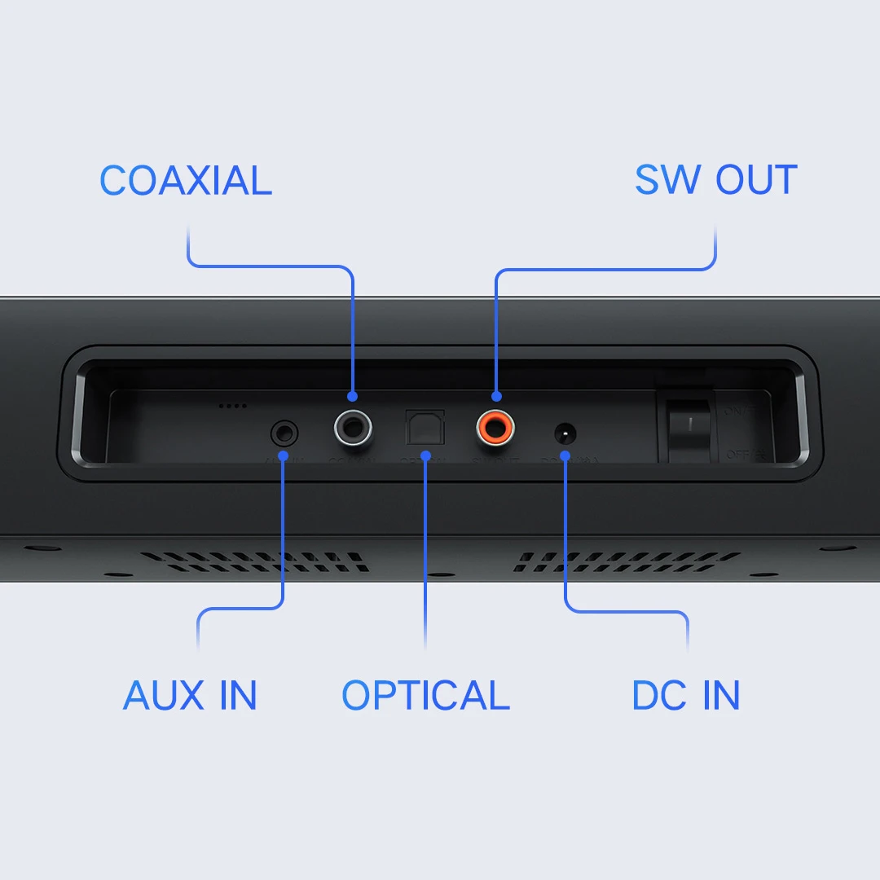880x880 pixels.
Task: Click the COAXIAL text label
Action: [x=186, y=181]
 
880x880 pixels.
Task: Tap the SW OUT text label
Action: [x=715, y=181]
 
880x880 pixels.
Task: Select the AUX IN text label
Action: [x=190, y=695]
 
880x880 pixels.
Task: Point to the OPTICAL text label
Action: [x=425, y=695]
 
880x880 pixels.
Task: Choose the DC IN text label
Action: [x=686, y=695]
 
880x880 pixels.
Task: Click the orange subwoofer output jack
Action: [x=495, y=425]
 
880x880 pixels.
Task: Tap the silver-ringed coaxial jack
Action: [x=353, y=425]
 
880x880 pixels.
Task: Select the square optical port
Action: [x=425, y=425]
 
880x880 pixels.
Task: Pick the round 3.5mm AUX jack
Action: [x=284, y=430]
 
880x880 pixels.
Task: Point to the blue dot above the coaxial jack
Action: [x=352, y=397]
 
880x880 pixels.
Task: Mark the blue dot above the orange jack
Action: [x=495, y=397]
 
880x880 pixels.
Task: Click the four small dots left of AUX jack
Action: [x=232, y=405]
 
